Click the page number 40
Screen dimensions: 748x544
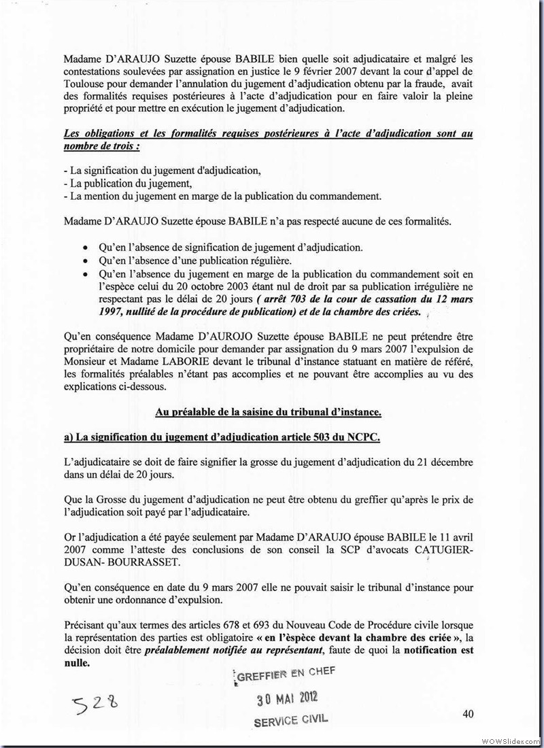point(467,713)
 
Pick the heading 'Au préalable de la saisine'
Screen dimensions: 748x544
point(268,411)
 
